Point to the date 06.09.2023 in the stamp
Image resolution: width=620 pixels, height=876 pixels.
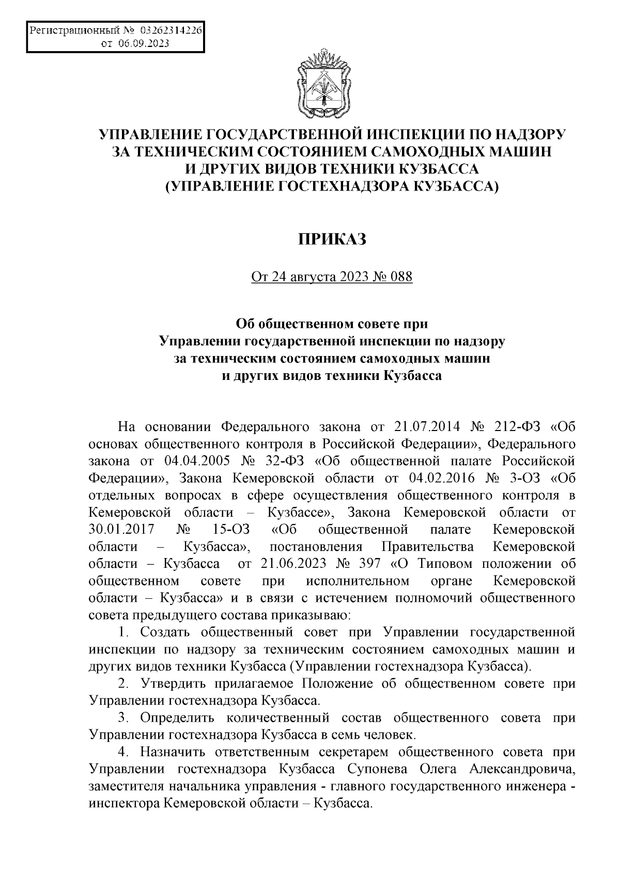click(x=144, y=44)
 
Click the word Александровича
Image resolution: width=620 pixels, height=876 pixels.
click(x=522, y=768)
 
